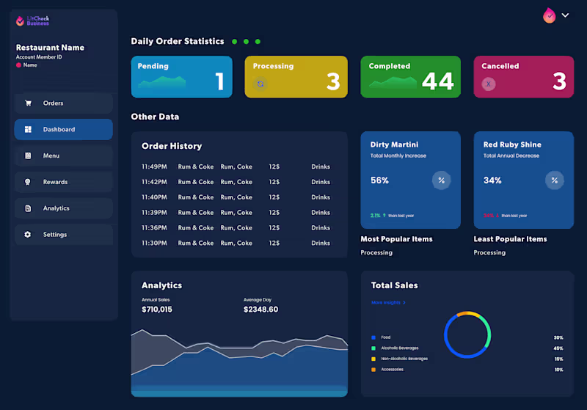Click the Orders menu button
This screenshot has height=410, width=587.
(63, 103)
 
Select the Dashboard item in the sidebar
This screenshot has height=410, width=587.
(63, 130)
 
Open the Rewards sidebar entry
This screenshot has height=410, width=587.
(63, 182)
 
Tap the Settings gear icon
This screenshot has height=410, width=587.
(28, 235)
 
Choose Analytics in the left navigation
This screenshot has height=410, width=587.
(63, 208)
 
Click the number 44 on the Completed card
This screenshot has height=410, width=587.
(437, 81)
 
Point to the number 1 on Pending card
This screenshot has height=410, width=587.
(219, 81)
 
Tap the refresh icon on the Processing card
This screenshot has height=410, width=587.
(260, 84)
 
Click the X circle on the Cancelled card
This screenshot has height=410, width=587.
(488, 84)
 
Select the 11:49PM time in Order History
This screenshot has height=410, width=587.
(154, 166)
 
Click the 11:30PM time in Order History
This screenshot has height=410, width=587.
(154, 243)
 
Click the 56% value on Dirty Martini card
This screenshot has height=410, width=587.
(379, 180)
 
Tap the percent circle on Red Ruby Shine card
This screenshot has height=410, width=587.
(554, 180)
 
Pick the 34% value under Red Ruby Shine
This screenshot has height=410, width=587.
(492, 180)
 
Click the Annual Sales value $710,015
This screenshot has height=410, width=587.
(157, 310)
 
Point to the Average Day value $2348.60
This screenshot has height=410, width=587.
(260, 310)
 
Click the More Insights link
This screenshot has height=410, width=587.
(388, 302)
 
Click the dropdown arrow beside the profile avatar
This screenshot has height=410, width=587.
(565, 15)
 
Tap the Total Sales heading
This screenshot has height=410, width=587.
(394, 285)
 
